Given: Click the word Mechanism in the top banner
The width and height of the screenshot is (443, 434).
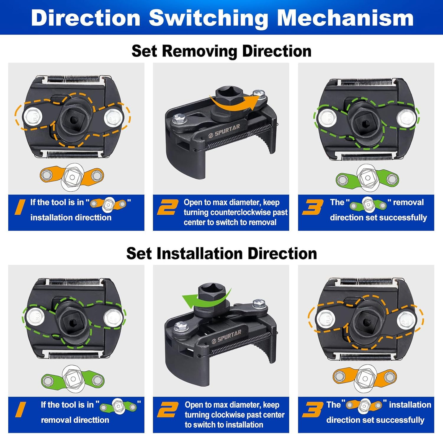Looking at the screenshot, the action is (345, 18).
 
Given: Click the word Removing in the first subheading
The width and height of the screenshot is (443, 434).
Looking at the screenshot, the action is (199, 51).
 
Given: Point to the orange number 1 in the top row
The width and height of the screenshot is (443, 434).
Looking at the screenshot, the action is (20, 207).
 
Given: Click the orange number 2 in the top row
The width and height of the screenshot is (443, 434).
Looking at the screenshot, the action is (168, 207).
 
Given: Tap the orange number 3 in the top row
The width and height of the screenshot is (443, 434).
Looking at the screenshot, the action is (313, 207).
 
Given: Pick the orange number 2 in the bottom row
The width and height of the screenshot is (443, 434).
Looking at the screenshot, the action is (168, 410).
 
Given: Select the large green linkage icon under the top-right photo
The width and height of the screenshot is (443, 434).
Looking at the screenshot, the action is (367, 178).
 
